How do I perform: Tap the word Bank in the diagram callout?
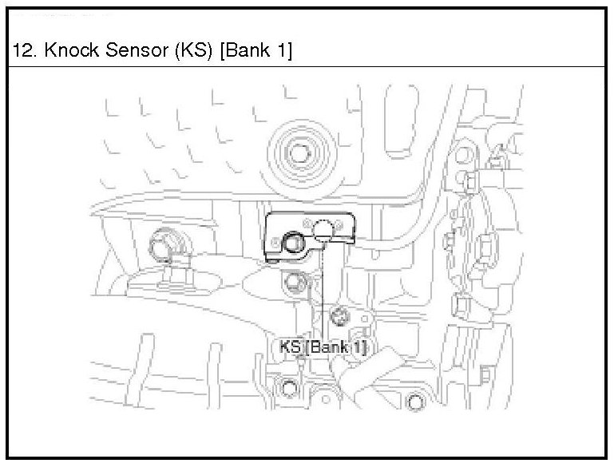[330, 347]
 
